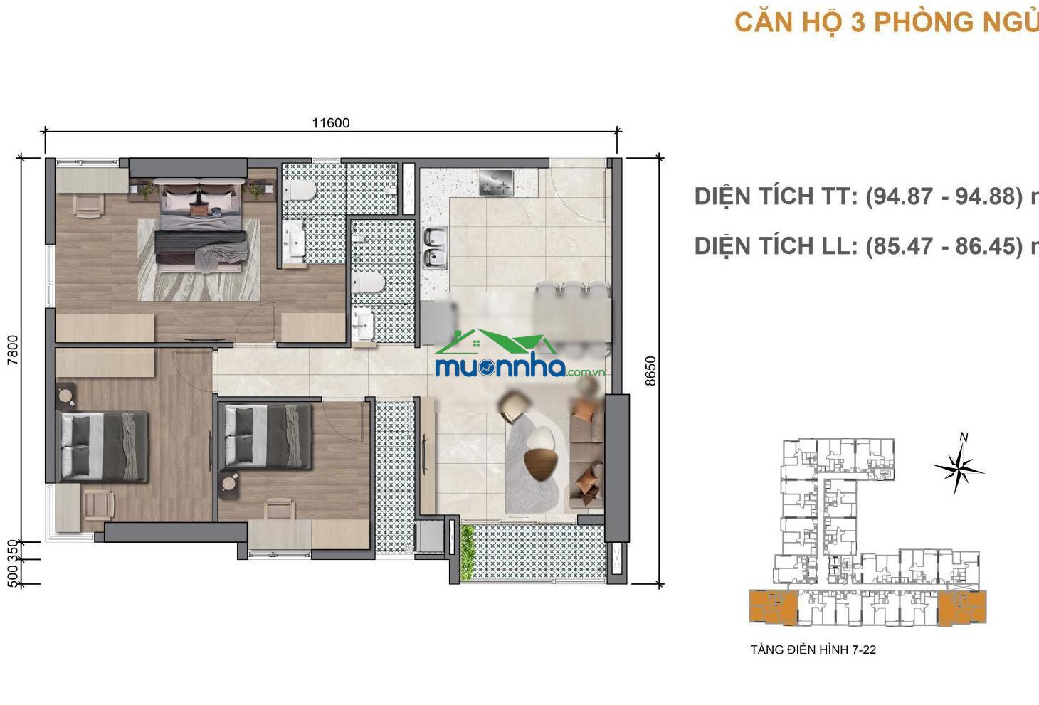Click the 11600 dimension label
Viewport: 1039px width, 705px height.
[331, 123]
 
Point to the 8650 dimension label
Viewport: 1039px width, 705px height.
[650, 371]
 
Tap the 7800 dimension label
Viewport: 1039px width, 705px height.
[13, 350]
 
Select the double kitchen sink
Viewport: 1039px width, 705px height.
[435, 248]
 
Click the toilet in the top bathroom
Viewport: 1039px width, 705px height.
[300, 191]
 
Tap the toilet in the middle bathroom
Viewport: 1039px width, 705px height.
[369, 282]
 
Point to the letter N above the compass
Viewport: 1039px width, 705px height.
[964, 437]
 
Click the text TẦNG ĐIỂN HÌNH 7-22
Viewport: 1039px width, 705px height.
[813, 650]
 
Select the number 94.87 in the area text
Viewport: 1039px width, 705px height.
[906, 196]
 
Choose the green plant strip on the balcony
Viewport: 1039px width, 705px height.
[467, 553]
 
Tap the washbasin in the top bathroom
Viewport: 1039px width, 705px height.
[294, 239]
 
